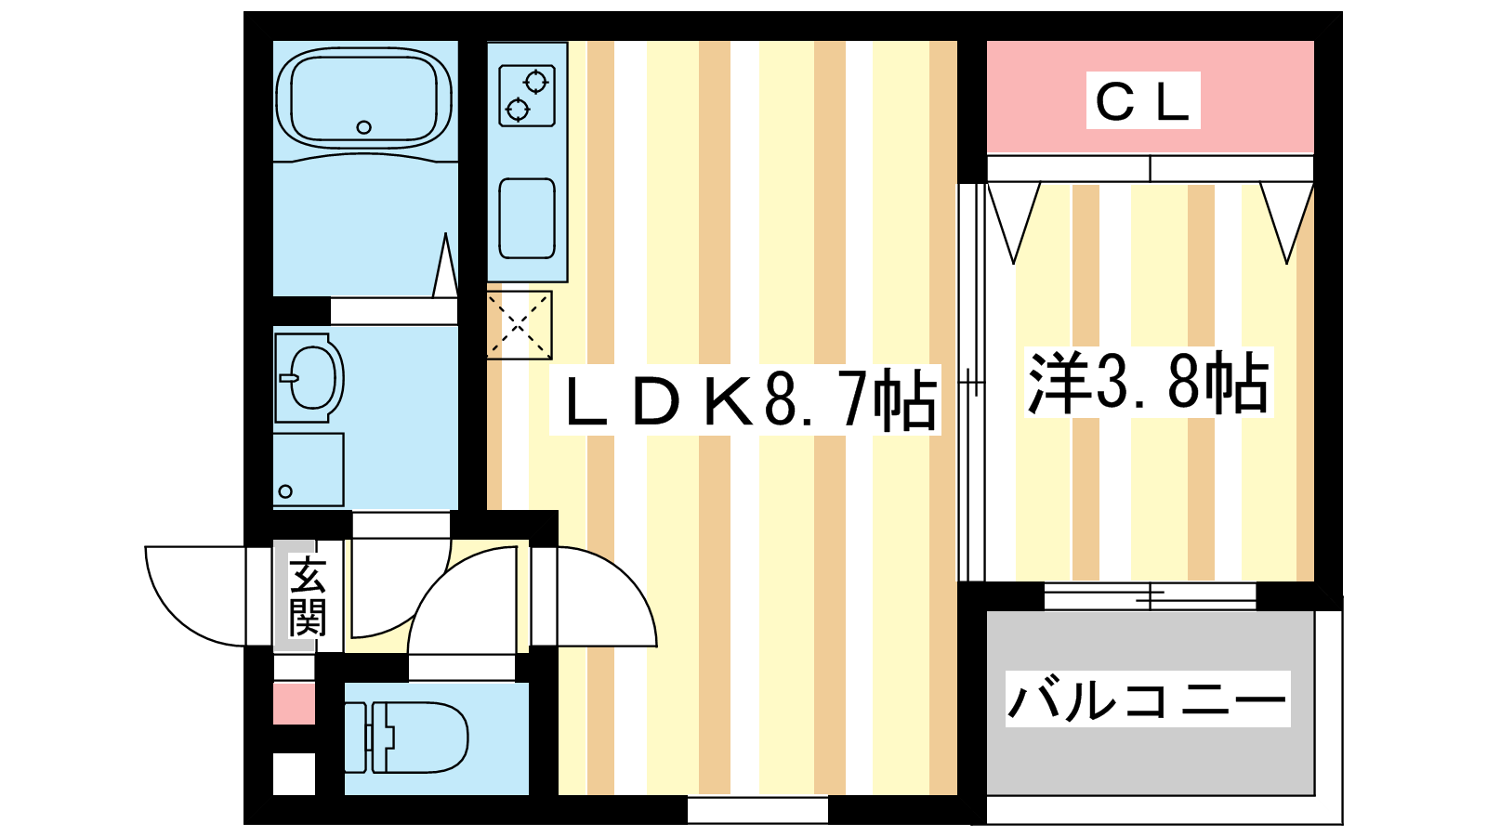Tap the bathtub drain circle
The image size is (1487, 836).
363,127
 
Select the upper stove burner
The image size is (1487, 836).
535,83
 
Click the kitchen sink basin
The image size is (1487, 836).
527,218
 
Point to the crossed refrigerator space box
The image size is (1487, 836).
520,325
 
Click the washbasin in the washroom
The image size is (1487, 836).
309,377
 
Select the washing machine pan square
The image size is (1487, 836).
309,470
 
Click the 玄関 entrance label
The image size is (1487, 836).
308,597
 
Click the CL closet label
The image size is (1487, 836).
1142,101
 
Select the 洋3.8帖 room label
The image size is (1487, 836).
1149,382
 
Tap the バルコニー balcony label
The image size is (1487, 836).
1148,699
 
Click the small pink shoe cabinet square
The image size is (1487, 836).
294,703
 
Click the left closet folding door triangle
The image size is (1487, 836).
1014,223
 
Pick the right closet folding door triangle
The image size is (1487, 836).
1287,223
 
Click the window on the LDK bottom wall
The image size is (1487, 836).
757,809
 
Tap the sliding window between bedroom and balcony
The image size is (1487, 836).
1150,595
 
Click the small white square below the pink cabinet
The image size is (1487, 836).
294,774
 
